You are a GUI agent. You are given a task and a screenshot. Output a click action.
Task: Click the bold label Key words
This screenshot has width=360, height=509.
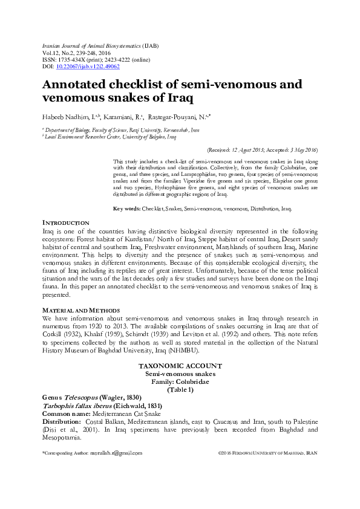pos(126,209)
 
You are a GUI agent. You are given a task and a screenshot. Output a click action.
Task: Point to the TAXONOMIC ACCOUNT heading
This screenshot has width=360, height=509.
pos(180,366)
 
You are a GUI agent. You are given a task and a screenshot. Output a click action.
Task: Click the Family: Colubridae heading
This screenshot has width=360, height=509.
pos(180,382)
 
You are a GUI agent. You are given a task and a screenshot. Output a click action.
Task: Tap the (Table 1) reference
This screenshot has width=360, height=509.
pos(180,390)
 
